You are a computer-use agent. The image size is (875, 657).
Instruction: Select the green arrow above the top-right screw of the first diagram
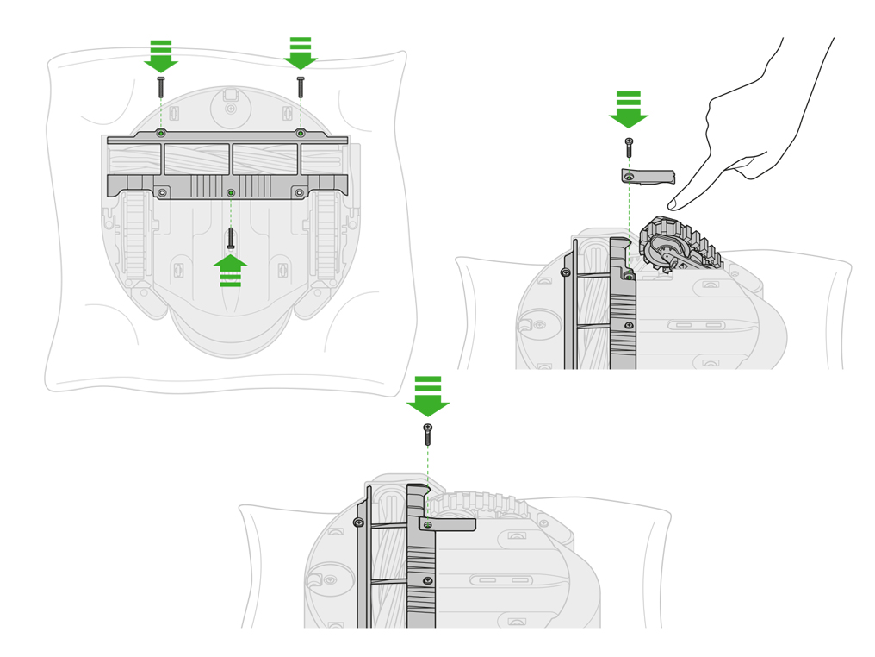click(x=301, y=54)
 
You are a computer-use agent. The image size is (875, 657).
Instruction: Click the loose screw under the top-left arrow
click(x=161, y=86)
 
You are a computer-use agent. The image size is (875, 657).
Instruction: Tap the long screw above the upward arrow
click(x=231, y=236)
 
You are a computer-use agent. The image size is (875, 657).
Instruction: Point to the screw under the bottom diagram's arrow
click(x=428, y=434)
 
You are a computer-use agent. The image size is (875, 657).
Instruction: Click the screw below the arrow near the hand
click(x=630, y=147)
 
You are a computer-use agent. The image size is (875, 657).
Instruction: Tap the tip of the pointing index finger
click(x=673, y=207)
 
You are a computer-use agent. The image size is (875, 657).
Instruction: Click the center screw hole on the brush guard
click(x=230, y=192)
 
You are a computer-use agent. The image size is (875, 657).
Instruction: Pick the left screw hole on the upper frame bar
click(x=161, y=134)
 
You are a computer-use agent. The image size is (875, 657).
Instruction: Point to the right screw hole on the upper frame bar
click(x=301, y=133)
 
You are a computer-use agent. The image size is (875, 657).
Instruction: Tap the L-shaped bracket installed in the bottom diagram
click(x=448, y=523)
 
